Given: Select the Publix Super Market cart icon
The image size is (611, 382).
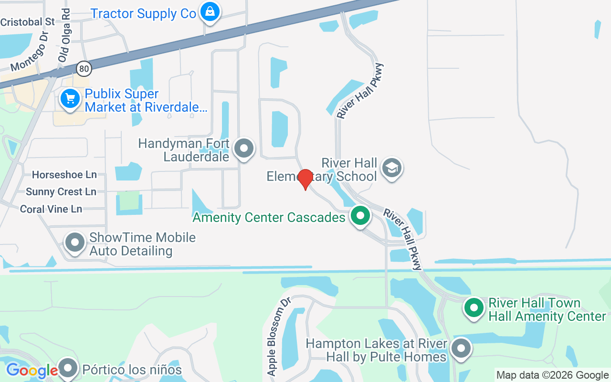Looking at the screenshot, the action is (x=71, y=99).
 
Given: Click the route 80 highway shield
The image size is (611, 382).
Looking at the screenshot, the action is (x=84, y=69).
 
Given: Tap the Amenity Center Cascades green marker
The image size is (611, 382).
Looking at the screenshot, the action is (x=361, y=216).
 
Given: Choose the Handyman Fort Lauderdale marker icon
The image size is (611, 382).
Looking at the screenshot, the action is (x=244, y=148).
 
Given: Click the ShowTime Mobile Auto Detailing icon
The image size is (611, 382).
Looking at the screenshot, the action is (x=75, y=243).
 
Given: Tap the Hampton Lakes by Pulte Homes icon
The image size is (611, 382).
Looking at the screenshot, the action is (x=461, y=349).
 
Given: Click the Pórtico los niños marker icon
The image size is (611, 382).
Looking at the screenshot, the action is (x=68, y=369).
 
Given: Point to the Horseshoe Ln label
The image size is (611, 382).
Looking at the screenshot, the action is (x=64, y=175).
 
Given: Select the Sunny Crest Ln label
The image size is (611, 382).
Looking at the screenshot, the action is (x=61, y=192).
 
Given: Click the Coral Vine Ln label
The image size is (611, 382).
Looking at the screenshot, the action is (x=51, y=209).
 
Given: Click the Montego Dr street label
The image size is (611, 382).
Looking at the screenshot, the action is (x=30, y=50).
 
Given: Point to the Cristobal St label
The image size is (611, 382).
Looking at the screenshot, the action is (x=28, y=22).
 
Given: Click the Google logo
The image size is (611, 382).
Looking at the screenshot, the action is (x=32, y=371).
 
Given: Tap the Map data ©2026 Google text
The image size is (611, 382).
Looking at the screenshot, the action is (x=552, y=375).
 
